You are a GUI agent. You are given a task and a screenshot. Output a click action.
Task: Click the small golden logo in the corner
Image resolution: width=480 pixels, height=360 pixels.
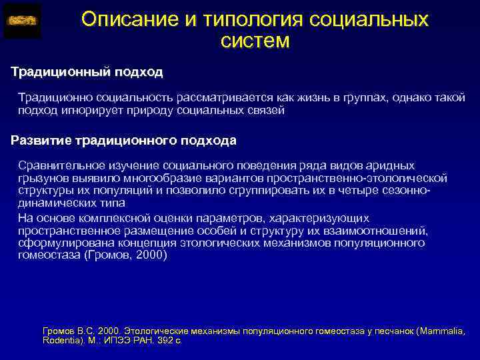tap(22, 21)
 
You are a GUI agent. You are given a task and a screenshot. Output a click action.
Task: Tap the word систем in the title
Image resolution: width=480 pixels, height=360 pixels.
tap(255, 41)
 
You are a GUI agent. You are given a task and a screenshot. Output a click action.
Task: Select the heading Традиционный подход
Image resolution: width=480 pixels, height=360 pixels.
tap(87, 71)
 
